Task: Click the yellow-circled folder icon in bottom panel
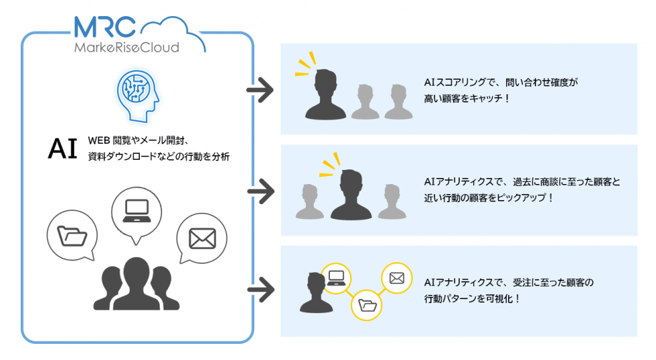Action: pyautogui.click(x=367, y=305)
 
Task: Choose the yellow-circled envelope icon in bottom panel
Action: pyautogui.click(x=396, y=278)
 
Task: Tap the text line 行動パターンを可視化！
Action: pyautogui.click(x=472, y=299)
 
